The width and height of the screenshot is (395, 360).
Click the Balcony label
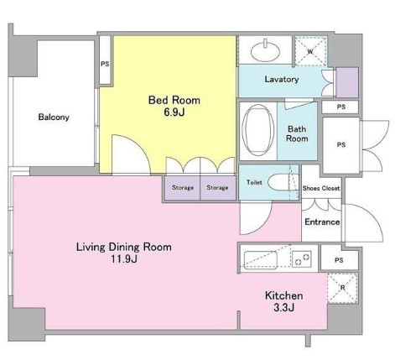point(54,117)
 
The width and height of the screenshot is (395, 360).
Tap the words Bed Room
point(174,100)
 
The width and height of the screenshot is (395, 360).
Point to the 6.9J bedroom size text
point(174,113)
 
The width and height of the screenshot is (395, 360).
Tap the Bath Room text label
point(299,133)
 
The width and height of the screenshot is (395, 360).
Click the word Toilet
point(254,182)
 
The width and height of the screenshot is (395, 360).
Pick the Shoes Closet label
point(321,188)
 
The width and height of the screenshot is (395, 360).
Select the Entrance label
point(321,222)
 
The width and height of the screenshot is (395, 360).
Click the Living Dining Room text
point(123,247)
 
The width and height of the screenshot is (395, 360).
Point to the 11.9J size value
point(123,260)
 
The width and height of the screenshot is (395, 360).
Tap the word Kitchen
point(283,296)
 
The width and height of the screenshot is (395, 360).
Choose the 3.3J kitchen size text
point(283,310)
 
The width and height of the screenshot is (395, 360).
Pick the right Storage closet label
point(217,187)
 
